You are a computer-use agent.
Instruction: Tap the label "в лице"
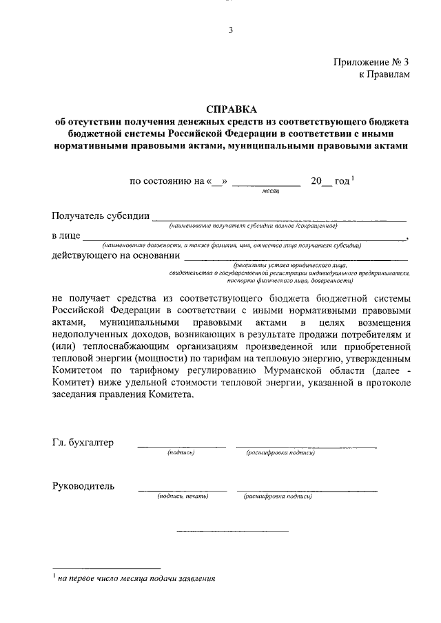[65, 235]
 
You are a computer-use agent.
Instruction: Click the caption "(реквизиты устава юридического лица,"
[290, 264]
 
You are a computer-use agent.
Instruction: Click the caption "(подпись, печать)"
[182, 496]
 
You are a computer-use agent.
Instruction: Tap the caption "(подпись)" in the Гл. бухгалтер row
[181, 452]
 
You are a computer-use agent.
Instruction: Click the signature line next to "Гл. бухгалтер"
[181, 447]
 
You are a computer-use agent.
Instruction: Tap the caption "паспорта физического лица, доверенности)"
[294, 281]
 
